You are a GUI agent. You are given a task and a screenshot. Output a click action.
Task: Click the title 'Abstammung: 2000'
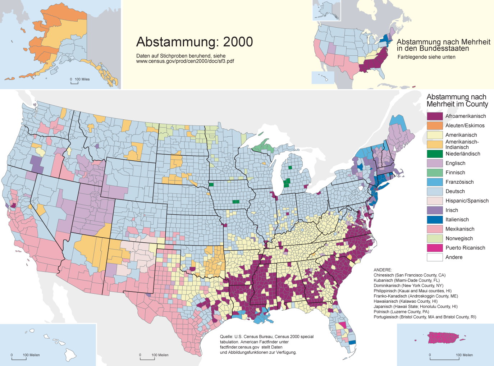(195, 42)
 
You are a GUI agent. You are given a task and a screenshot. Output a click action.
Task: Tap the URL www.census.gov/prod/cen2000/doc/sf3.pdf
(185, 61)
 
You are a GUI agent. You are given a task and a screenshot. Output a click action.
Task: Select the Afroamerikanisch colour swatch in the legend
(435, 116)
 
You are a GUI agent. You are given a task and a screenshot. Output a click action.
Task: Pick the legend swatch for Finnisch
(435, 173)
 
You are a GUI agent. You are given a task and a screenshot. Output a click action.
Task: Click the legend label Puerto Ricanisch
(465, 248)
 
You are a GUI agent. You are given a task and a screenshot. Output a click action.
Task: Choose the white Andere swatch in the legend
(435, 257)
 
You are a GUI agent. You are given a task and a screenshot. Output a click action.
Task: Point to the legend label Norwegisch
(459, 238)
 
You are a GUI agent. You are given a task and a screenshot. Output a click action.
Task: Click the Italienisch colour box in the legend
(435, 220)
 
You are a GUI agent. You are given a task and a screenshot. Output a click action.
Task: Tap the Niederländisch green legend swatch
(435, 154)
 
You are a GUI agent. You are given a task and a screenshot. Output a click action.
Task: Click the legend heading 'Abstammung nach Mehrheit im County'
(457, 101)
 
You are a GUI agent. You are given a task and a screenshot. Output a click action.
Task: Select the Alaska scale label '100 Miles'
(82, 79)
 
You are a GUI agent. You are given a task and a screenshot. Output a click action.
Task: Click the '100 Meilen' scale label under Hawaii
(31, 355)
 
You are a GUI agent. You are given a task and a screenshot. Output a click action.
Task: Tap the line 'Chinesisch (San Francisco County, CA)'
(409, 275)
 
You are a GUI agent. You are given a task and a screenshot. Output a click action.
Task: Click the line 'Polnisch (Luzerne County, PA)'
(401, 312)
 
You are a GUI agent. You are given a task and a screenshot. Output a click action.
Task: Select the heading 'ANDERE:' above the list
(383, 270)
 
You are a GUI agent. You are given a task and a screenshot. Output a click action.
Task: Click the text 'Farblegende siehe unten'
(426, 57)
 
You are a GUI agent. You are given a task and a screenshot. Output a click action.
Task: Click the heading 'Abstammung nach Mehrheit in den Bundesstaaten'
(443, 45)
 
